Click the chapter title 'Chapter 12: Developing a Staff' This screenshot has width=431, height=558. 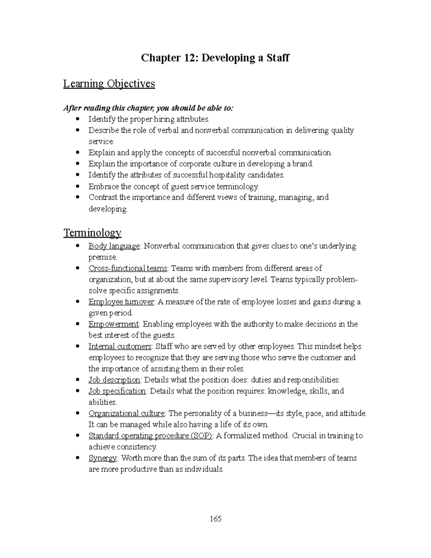point(215,58)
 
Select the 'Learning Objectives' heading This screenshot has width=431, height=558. point(109,84)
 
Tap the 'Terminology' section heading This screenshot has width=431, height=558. point(92,233)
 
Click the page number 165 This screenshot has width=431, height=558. point(215,518)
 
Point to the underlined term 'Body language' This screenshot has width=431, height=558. point(114,246)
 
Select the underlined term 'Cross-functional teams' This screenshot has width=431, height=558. point(128,268)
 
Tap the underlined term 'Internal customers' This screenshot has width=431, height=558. point(120,346)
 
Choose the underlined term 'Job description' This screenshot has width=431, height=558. point(114,380)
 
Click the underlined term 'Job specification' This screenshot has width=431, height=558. point(117,391)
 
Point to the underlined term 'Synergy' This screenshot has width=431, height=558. point(103,458)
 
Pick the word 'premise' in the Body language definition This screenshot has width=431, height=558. point(102,257)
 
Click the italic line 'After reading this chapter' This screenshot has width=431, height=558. point(148,108)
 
